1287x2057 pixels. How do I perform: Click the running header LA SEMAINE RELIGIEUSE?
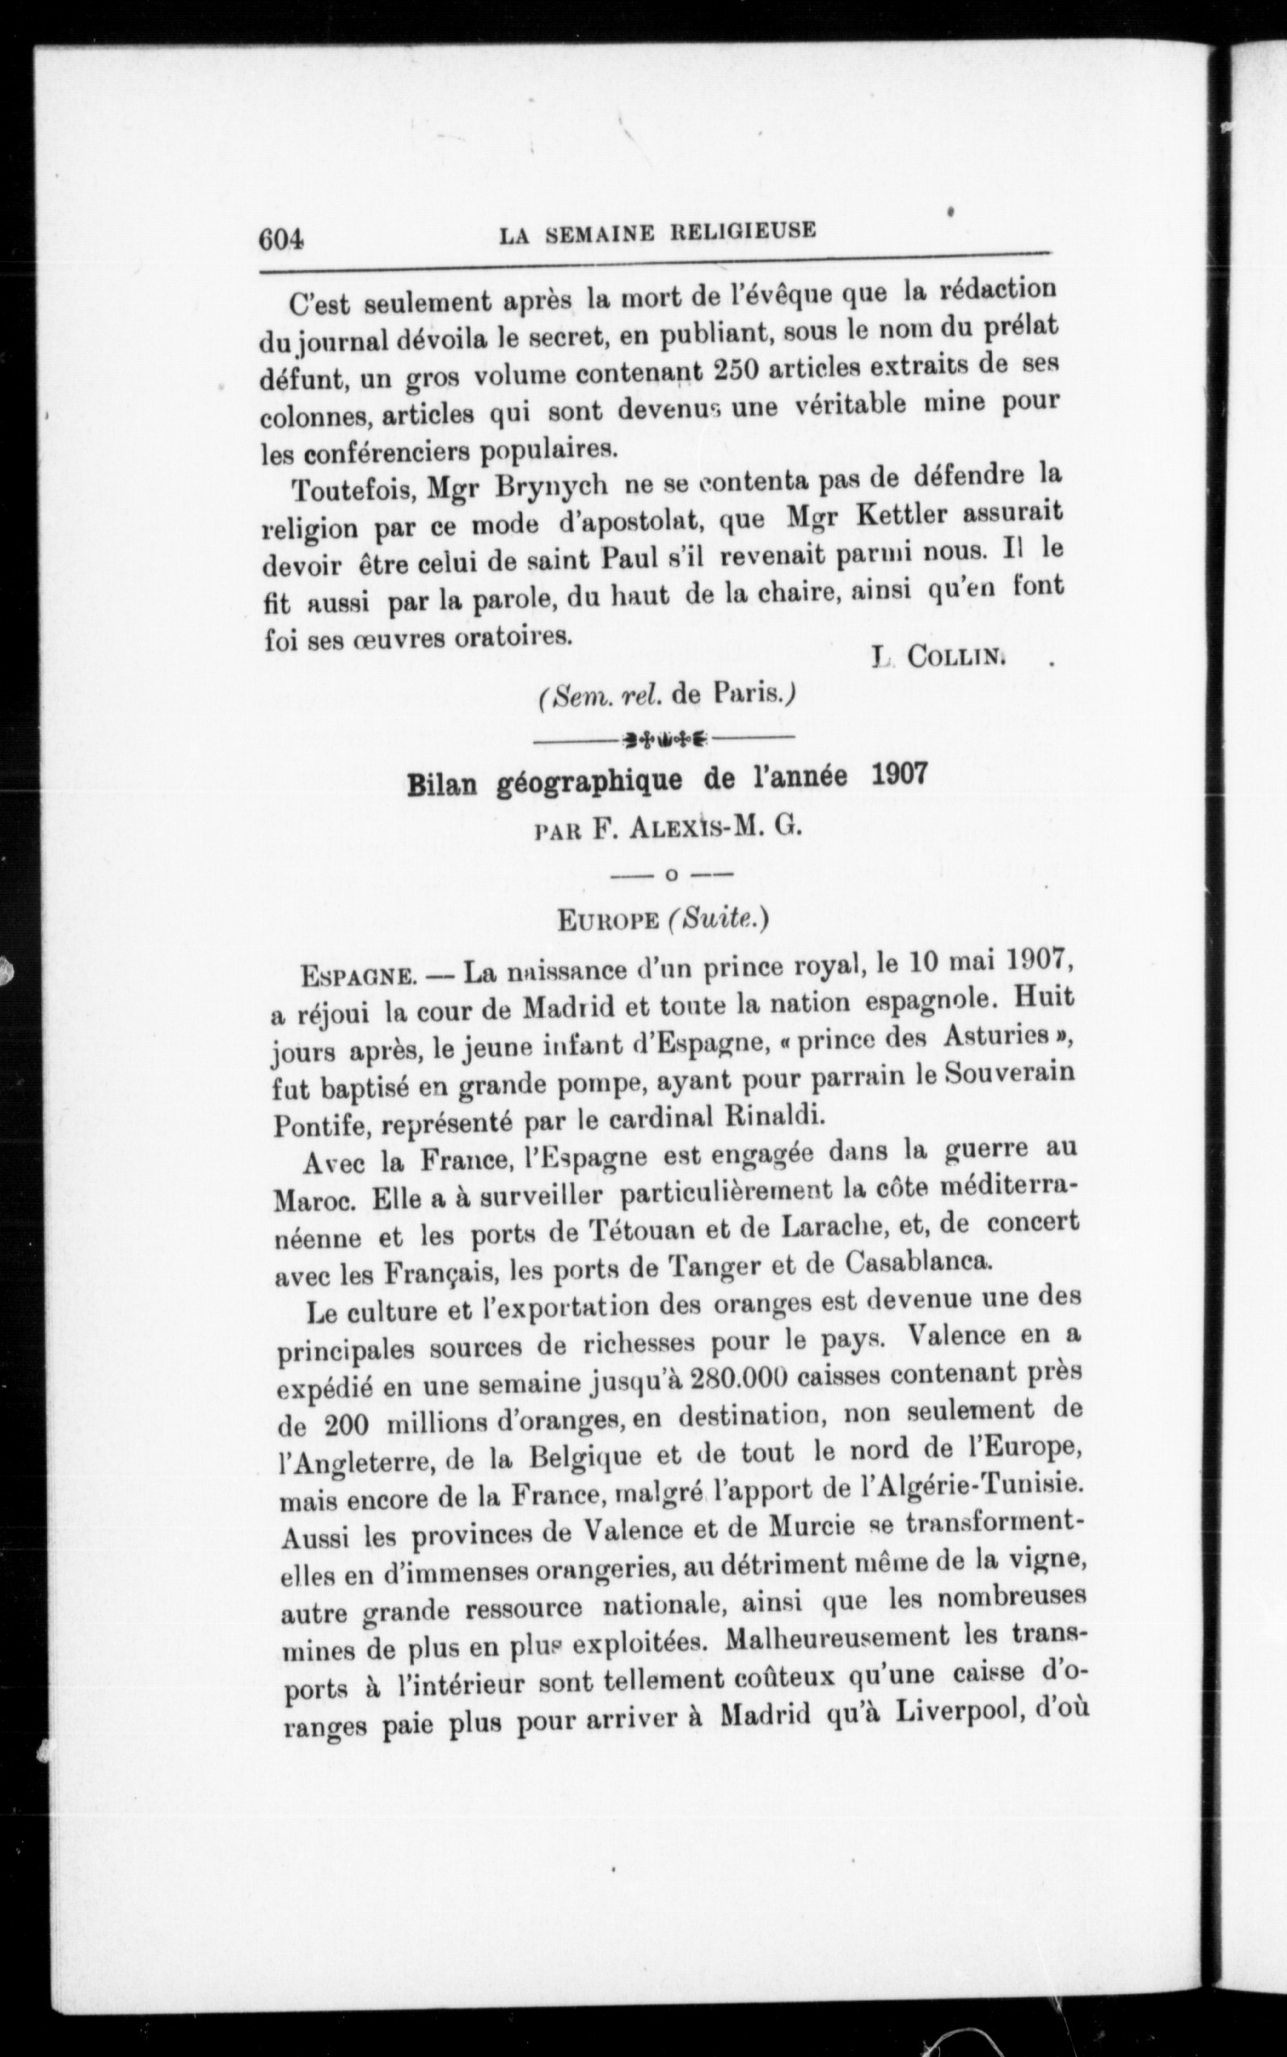click(657, 232)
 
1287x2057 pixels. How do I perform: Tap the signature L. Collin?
click(939, 657)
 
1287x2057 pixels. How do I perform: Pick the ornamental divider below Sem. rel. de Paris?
click(666, 737)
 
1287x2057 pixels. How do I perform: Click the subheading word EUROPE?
click(607, 920)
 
